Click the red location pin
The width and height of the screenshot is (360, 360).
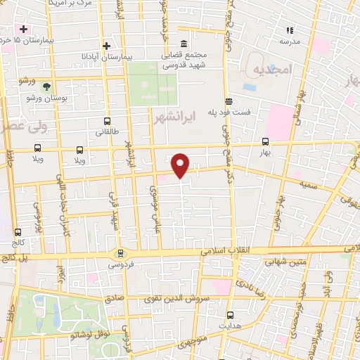[181, 165]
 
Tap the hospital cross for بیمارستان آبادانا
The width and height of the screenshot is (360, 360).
[106, 46]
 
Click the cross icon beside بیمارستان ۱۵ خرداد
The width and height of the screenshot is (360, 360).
[23, 30]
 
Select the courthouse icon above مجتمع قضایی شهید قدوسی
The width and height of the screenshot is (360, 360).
[183, 43]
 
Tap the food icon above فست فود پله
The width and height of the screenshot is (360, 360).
[228, 101]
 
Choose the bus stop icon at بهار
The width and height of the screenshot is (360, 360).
[264, 141]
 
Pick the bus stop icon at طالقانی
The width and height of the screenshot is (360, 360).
[106, 121]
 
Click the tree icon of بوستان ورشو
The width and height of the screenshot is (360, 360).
[46, 87]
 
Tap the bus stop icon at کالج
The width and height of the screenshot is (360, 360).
[18, 231]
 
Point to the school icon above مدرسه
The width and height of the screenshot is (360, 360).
[289, 30]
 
